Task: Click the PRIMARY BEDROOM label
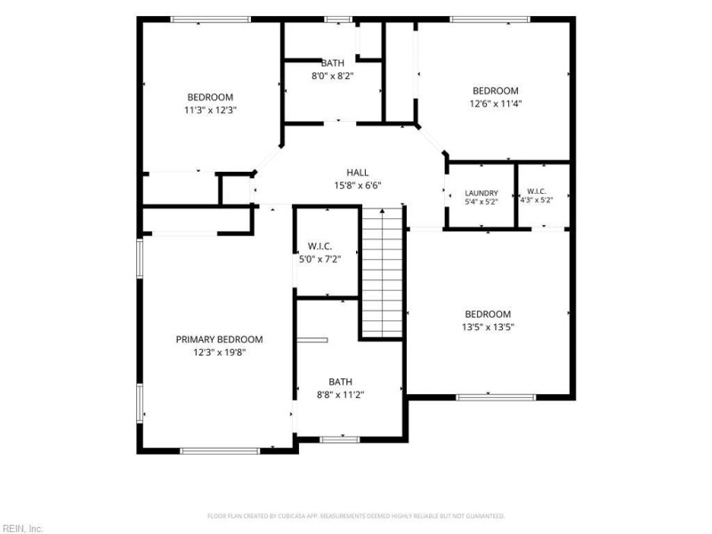(219, 339)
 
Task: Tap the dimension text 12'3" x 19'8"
(219, 352)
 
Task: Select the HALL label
(358, 173)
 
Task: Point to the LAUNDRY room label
(481, 193)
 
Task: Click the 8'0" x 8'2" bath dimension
(332, 76)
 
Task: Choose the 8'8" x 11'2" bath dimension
(341, 394)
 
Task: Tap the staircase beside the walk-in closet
(383, 273)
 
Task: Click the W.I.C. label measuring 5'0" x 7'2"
(320, 247)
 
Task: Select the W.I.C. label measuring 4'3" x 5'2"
(537, 191)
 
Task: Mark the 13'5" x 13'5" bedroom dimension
(488, 327)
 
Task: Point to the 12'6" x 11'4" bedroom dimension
(496, 103)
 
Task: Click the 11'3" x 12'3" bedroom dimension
(210, 109)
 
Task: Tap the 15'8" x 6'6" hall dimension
(358, 185)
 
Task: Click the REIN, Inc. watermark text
(21, 529)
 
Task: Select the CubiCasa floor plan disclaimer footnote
(356, 516)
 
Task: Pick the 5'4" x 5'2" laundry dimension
(481, 202)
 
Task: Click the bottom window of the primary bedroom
(220, 451)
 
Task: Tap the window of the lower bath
(340, 440)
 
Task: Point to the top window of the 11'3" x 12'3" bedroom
(211, 20)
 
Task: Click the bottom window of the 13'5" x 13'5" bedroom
(496, 397)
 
